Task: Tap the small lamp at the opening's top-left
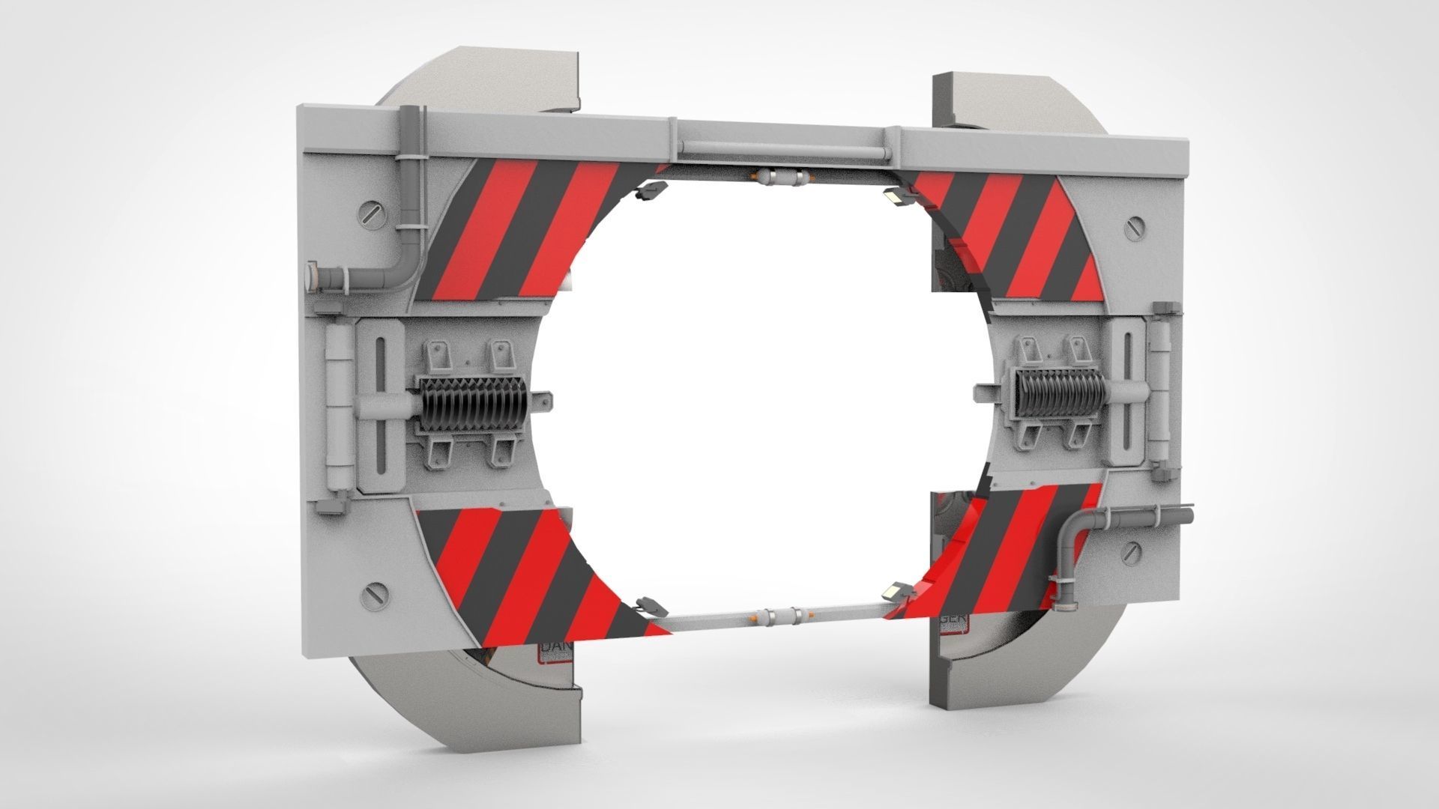[x=649, y=190]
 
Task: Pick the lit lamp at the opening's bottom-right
[x=895, y=592]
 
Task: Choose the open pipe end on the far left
[x=310, y=276]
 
